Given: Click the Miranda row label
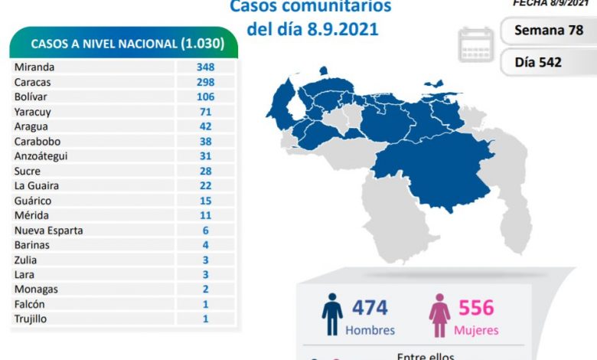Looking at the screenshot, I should click(34, 67).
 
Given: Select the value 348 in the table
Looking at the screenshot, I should click(204, 67).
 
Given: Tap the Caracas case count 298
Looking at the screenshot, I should click(204, 82).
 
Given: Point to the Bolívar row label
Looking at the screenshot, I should click(31, 97).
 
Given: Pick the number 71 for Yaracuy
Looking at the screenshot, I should click(204, 112).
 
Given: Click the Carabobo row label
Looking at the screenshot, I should click(37, 142).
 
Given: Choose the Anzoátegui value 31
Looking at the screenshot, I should click(204, 156).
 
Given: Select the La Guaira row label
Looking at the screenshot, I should click(36, 186).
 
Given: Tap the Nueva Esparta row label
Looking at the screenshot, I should click(48, 231).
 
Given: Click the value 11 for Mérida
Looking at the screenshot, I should click(204, 216).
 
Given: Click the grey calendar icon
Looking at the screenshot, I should click(476, 44).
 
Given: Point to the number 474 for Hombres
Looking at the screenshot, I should click(370, 308).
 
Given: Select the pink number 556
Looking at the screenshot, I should click(476, 308).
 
